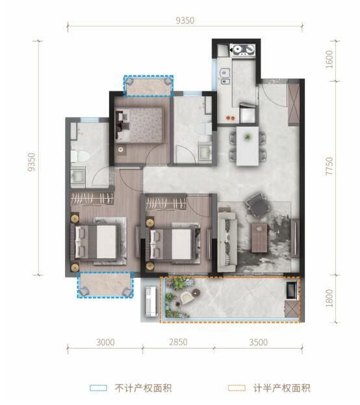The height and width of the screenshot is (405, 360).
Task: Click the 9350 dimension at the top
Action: (185, 21)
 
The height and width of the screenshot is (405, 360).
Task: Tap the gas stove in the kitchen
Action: (244, 48)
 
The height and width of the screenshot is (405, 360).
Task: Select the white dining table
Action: (248, 145)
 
